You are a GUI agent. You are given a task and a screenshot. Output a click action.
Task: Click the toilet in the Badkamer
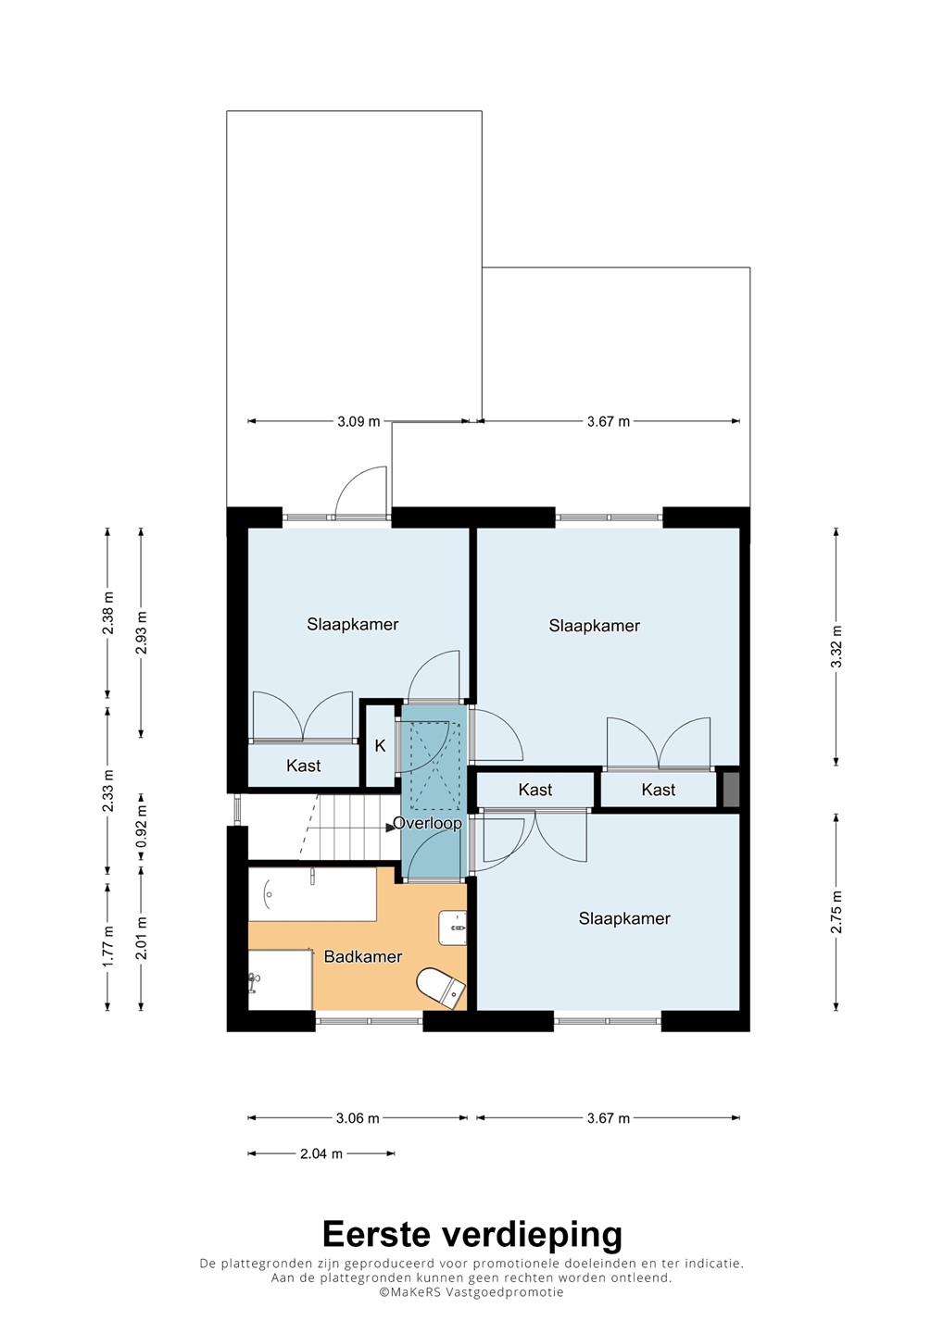pyautogui.click(x=441, y=989)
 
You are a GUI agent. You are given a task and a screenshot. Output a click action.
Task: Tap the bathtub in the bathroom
pyautogui.click(x=312, y=894)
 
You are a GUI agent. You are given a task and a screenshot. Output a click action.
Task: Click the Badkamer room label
pyautogui.click(x=362, y=957)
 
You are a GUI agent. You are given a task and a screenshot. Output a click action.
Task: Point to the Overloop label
pyautogui.click(x=427, y=824)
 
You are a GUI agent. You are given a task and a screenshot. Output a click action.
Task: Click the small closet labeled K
pyautogui.click(x=380, y=746)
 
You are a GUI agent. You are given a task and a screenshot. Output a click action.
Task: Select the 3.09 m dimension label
pyautogui.click(x=358, y=421)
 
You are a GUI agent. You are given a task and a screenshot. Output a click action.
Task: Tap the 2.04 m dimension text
pyautogui.click(x=321, y=1153)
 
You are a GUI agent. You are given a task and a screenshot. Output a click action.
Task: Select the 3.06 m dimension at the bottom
pyautogui.click(x=358, y=1118)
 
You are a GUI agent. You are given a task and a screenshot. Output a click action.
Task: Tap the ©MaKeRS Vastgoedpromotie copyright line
pyautogui.click(x=471, y=1292)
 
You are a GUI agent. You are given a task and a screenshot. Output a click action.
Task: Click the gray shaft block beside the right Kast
pyautogui.click(x=731, y=790)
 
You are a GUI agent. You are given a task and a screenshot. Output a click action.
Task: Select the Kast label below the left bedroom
pyautogui.click(x=304, y=766)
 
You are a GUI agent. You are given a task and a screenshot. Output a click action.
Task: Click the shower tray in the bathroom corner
pyautogui.click(x=281, y=979)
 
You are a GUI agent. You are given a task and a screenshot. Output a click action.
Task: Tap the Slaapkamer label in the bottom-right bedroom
pyautogui.click(x=624, y=919)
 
